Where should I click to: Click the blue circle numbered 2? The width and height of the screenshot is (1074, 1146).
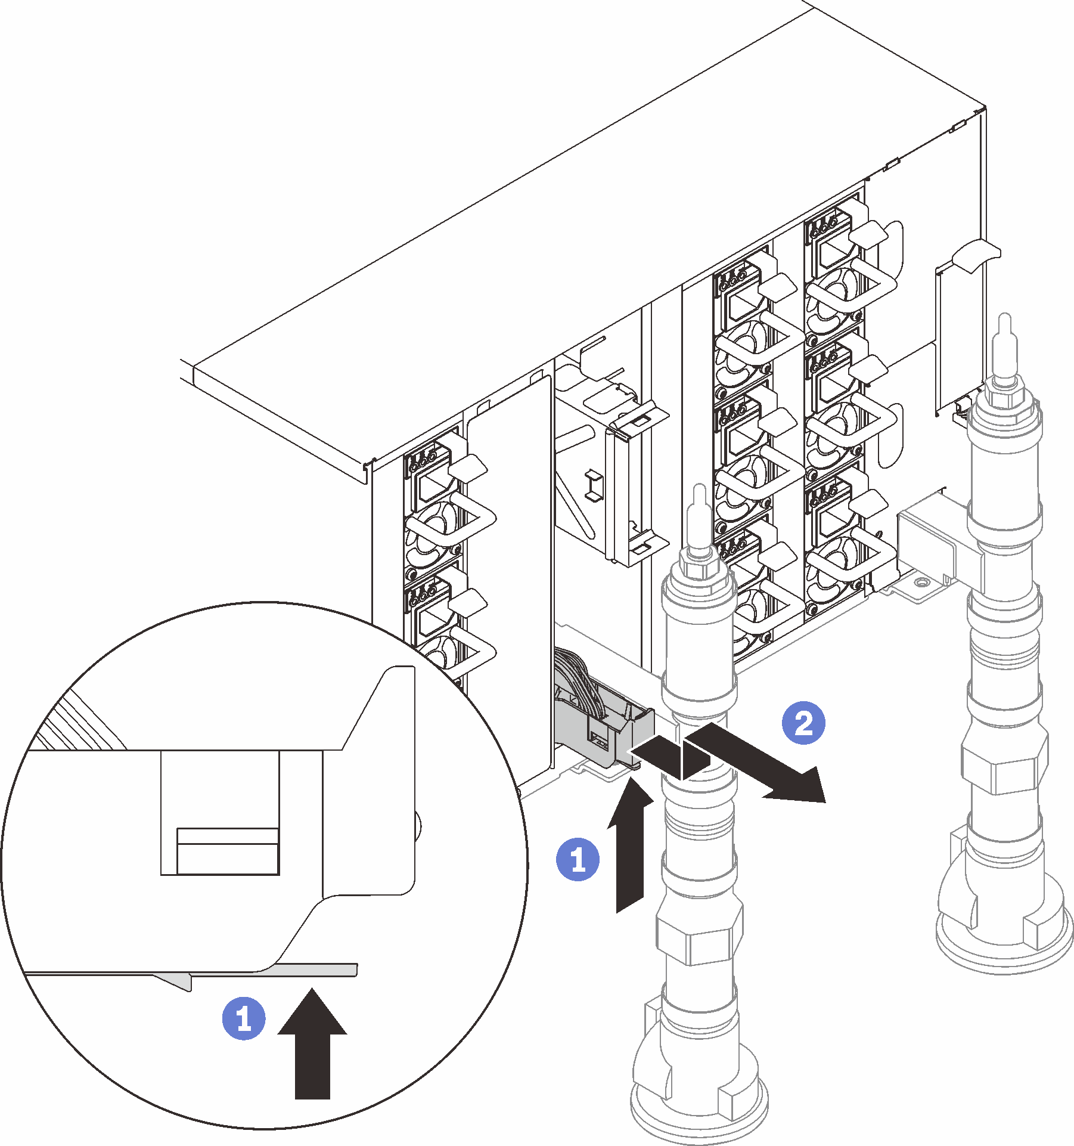[x=803, y=723]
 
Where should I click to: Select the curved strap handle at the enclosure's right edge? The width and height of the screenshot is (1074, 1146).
[x=975, y=254]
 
